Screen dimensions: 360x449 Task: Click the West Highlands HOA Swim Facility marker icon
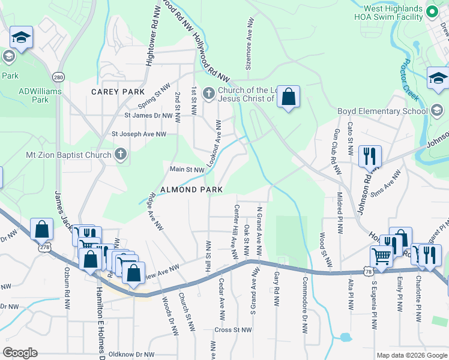(x=430, y=11)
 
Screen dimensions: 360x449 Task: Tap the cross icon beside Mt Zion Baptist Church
(x=120, y=155)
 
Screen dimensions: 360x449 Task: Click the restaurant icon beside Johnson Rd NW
(x=370, y=156)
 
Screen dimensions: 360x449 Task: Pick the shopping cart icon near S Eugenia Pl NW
(x=382, y=256)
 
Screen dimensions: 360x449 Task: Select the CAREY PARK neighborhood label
(x=118, y=92)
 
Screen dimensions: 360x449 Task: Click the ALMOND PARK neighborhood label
(x=191, y=190)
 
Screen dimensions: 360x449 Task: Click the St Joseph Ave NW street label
(x=139, y=134)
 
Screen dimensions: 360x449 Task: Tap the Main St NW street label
(x=187, y=170)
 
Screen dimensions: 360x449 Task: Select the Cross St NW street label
(x=232, y=329)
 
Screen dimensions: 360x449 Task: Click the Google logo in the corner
(x=20, y=353)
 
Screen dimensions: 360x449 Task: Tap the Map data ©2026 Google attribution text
(x=411, y=355)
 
